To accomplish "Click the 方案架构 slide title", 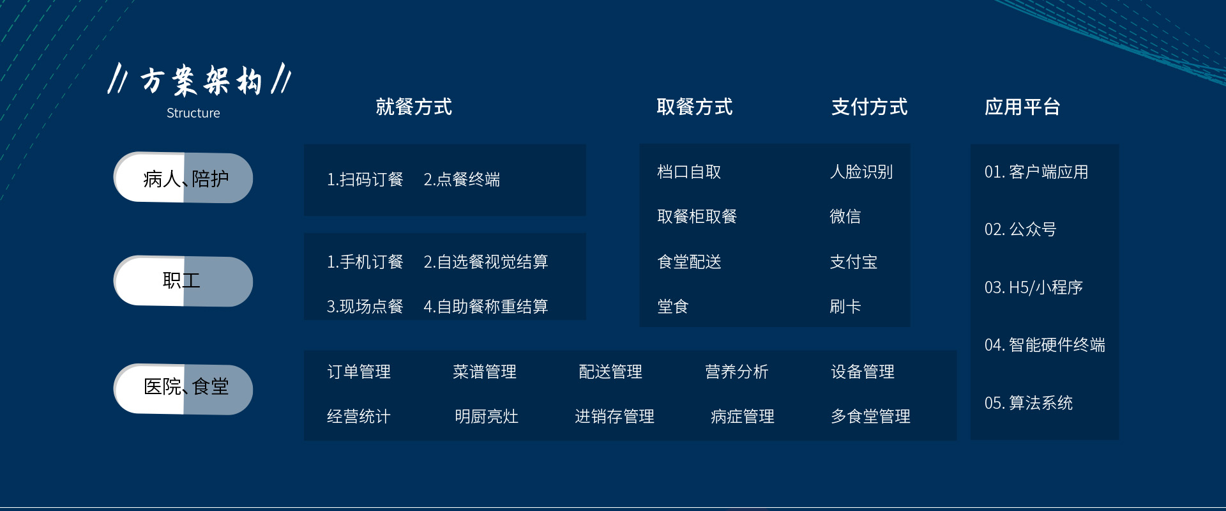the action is [201, 80].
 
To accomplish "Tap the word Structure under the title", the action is [193, 113].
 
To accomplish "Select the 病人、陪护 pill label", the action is [186, 179].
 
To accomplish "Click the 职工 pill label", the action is [181, 280].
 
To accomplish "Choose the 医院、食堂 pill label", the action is [186, 386].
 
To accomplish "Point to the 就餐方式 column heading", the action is [414, 107].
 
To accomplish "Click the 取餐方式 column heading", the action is [695, 107].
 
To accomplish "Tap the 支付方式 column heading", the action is [869, 107].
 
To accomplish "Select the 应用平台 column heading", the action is [1022, 107].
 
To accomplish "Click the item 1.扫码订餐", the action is [365, 179].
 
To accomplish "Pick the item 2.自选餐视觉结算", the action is [486, 262].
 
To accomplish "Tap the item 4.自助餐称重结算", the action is [486, 307].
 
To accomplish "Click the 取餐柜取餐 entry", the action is [697, 217].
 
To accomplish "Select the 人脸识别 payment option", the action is [861, 172].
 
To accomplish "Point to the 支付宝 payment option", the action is [854, 262].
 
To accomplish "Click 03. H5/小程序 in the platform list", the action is [1034, 287].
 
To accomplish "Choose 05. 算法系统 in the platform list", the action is [1029, 403].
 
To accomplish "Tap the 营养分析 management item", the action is [737, 372].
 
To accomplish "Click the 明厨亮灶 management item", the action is [487, 416].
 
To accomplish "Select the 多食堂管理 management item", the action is [871, 416].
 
